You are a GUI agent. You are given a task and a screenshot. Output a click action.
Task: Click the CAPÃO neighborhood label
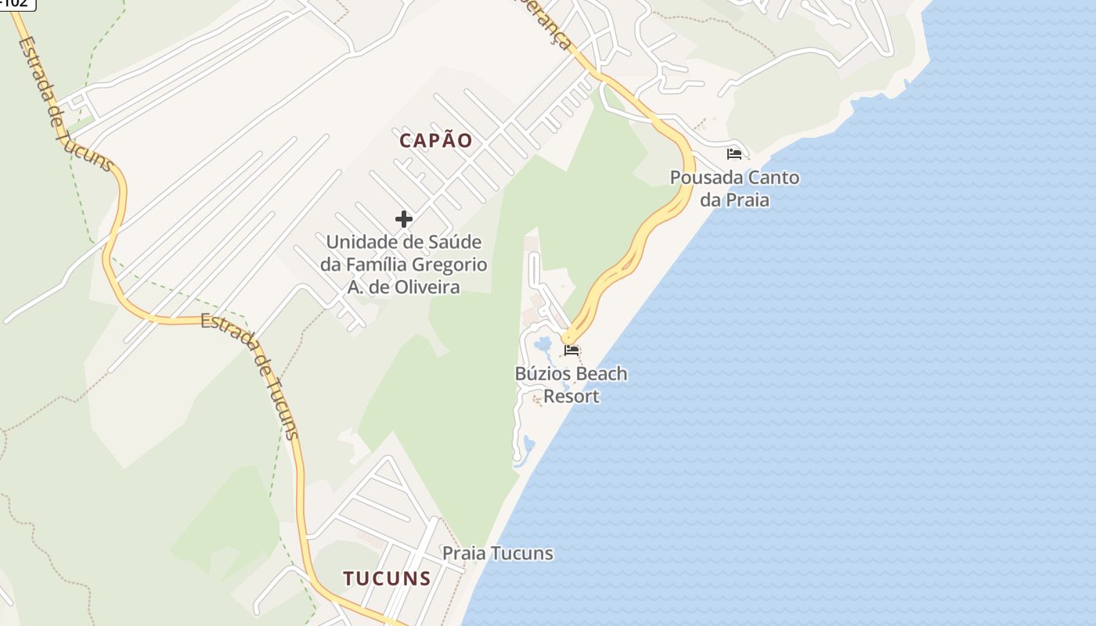436,141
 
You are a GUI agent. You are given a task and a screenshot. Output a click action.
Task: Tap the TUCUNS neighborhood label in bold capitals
387,578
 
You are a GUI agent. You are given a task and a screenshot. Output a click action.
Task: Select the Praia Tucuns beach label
498,554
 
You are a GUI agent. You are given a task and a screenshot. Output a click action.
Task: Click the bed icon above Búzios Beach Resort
571,350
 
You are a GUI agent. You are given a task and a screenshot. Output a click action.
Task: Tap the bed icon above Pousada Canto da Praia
734,153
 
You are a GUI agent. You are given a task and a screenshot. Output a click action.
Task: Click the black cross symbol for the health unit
403,219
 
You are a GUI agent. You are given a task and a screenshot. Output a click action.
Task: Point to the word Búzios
543,374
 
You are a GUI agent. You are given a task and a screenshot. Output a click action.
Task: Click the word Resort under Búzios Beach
571,397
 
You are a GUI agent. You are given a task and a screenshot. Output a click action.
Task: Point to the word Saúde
455,242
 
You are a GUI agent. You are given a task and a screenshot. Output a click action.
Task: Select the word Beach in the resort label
602,374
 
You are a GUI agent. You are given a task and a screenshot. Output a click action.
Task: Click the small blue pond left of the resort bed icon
542,344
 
